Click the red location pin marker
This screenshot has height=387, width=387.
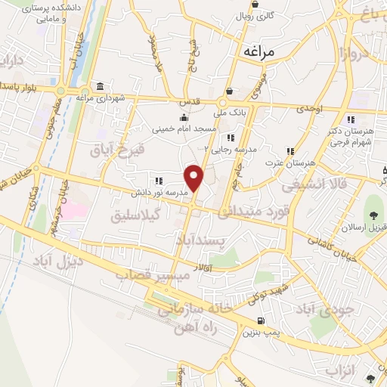[195, 178]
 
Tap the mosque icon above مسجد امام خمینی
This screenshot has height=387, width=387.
[184, 117]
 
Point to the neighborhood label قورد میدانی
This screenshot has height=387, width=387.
[255, 213]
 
